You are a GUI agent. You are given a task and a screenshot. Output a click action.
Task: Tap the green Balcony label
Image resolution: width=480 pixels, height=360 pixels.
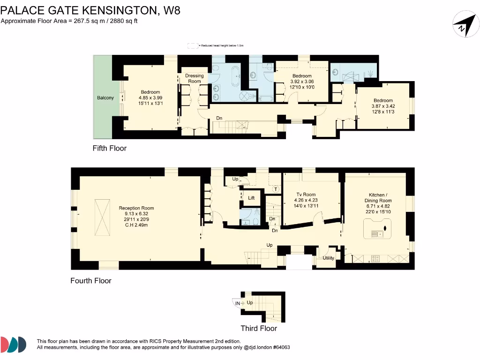[105, 97]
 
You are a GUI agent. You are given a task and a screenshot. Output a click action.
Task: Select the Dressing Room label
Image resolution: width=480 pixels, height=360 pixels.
[195, 78]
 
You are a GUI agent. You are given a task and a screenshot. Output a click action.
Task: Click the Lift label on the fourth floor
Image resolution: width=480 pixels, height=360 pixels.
[251, 198]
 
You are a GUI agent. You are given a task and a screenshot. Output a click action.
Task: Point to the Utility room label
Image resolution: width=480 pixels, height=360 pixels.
[328, 258]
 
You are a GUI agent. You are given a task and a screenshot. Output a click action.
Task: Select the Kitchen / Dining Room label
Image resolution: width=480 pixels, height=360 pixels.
[378, 197]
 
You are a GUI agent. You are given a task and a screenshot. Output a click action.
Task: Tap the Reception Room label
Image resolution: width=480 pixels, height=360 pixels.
[136, 208]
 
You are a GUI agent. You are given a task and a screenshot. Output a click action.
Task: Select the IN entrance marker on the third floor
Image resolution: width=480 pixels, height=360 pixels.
[238, 304]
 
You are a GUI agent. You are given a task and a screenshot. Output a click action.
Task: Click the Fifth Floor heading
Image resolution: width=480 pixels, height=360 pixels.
[109, 148]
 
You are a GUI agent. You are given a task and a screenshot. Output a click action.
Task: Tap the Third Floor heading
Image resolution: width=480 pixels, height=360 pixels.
[259, 328]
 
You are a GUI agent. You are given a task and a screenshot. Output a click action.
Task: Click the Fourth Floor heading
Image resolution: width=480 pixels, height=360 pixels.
[91, 281]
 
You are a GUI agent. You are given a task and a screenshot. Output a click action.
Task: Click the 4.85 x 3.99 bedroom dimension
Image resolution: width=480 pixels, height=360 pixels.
[150, 97]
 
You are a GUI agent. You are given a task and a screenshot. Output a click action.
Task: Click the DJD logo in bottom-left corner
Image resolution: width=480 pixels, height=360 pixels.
[14, 344]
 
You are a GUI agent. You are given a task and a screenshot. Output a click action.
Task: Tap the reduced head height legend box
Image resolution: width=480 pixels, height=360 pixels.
[193, 45]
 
